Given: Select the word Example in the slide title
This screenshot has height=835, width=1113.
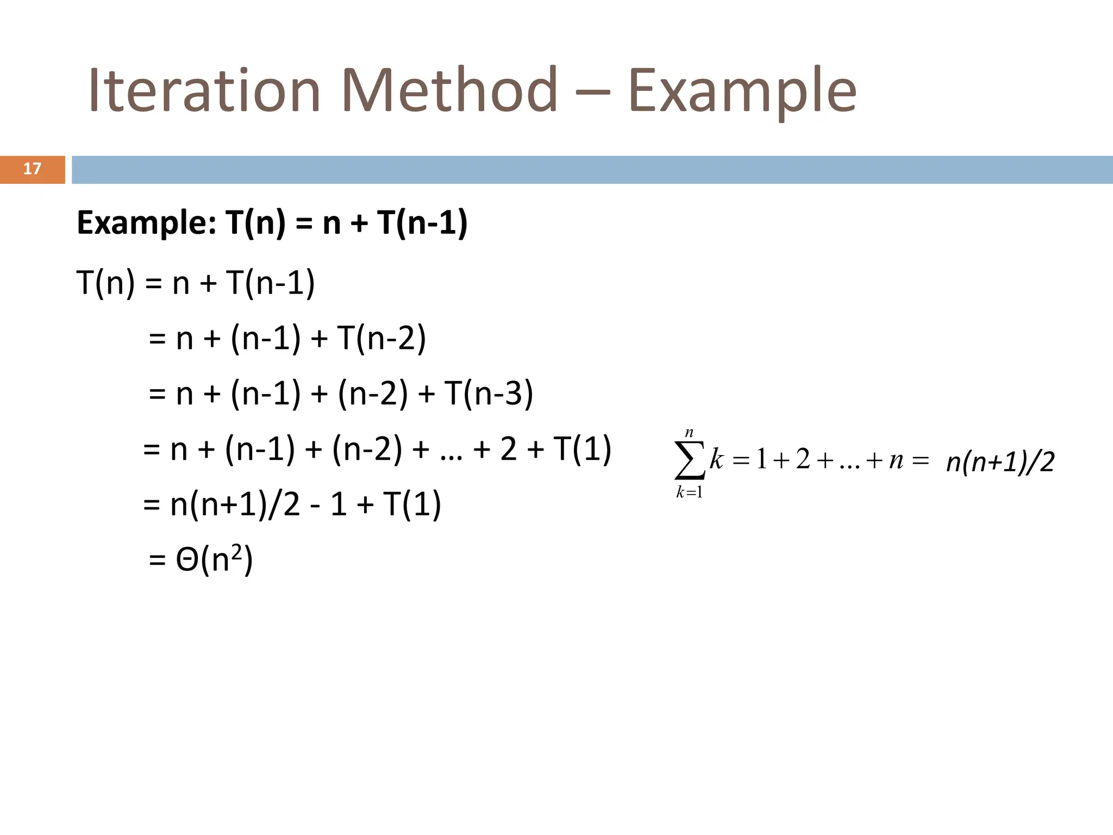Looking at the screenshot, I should (742, 91).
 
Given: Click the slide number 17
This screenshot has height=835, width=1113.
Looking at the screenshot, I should (32, 169).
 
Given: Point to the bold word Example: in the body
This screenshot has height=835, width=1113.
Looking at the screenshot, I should (146, 223).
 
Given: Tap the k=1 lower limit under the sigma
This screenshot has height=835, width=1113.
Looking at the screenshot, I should (689, 493).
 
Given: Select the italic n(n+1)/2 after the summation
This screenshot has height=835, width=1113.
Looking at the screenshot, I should (1000, 462).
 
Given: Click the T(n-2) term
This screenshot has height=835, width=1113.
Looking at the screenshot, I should (381, 338).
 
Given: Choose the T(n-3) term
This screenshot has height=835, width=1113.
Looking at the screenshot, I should (488, 393).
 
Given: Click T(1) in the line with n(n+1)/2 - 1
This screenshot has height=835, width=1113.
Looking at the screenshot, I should (411, 504).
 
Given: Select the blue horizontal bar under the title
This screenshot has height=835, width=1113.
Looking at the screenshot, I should (592, 170).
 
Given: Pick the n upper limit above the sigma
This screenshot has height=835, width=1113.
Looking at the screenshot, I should (689, 433).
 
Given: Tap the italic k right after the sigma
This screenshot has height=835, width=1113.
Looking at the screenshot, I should (716, 459).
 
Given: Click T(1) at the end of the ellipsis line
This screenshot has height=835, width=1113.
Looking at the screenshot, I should (582, 449).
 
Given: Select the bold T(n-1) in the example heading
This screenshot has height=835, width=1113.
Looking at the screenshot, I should (422, 223).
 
